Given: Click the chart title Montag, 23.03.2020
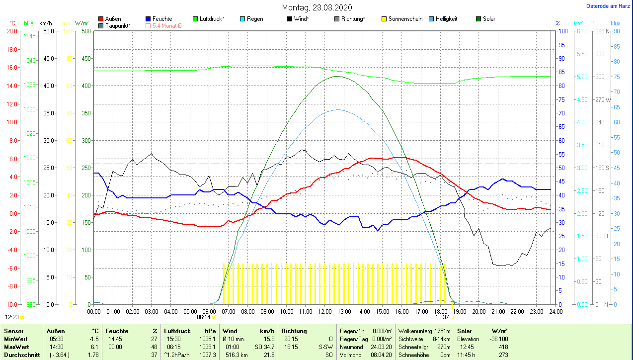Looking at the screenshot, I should click(x=316, y=7).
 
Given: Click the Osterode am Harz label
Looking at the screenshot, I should click(x=609, y=6).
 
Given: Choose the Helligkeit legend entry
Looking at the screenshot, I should click(x=446, y=19).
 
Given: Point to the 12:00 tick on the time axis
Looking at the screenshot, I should click(x=324, y=312).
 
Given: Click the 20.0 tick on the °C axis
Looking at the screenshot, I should click(x=11, y=31).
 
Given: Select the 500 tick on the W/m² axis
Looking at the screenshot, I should click(x=86, y=31).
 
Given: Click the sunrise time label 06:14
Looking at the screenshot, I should click(x=204, y=317).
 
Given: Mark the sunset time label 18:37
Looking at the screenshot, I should click(x=442, y=317).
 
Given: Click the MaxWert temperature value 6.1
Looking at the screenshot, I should click(x=93, y=347).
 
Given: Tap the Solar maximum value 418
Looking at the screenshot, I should click(x=503, y=347).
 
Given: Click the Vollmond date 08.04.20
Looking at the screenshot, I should click(x=382, y=355).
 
